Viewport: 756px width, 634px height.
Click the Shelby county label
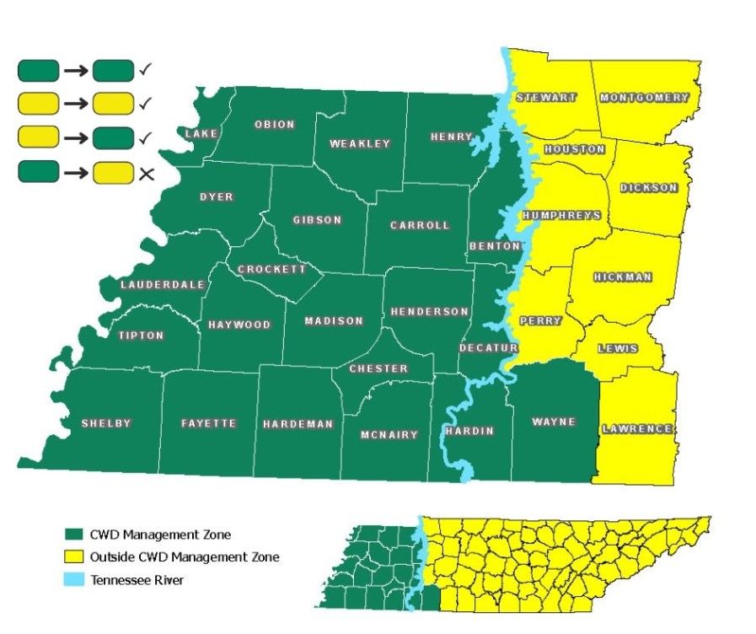tap(106, 423)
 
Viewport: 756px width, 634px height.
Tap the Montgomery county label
tap(644, 98)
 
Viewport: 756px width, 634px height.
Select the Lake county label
tap(201, 134)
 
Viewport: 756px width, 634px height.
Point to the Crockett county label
tap(271, 270)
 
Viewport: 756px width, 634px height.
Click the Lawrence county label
tap(638, 430)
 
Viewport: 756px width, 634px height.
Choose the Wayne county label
tap(554, 422)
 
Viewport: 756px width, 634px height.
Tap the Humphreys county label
tap(561, 216)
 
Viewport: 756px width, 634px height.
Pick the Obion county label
tap(275, 125)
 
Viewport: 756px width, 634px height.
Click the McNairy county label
tap(389, 435)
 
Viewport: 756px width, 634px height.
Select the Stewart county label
tap(546, 98)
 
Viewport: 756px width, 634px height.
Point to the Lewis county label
tap(618, 348)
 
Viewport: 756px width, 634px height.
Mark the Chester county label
tap(378, 368)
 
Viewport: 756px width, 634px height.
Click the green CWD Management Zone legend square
tap(72, 535)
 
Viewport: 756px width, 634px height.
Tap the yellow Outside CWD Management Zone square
tap(72, 556)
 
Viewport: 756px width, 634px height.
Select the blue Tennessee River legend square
tap(72, 578)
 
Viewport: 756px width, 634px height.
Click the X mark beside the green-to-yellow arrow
tap(146, 174)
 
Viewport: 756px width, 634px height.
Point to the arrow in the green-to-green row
tap(76, 70)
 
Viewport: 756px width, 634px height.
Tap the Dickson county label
tap(648, 187)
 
